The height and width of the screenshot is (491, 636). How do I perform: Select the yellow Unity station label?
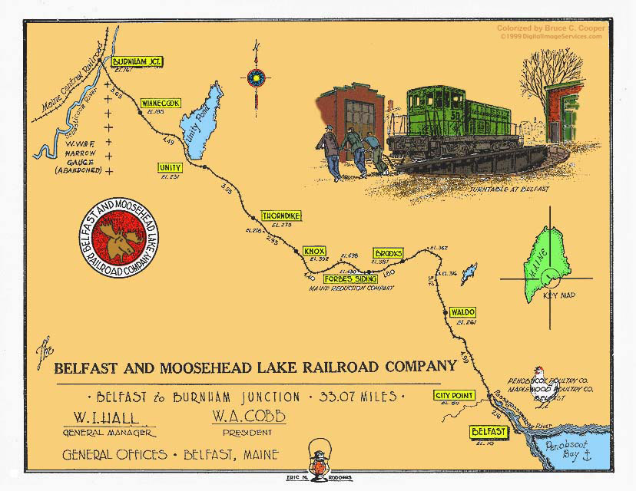point(169,168)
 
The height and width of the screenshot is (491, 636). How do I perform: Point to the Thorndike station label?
point(279,216)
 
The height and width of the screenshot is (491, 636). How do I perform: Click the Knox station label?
point(315,251)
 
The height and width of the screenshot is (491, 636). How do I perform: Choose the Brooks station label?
point(388,253)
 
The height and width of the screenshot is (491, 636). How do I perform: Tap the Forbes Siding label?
point(343,279)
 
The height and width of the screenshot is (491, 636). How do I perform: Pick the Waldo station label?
point(462,312)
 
